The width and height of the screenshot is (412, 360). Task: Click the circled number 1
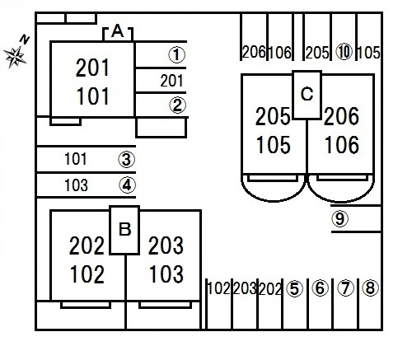(x=177, y=54)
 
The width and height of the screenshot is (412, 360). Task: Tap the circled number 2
(x=177, y=105)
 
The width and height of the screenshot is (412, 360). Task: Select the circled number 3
(x=127, y=160)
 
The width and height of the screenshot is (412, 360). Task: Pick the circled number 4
(x=127, y=185)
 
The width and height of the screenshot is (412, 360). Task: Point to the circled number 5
(x=294, y=288)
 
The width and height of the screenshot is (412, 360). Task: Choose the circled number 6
(x=321, y=288)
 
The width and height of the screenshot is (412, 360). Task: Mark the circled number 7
(x=345, y=288)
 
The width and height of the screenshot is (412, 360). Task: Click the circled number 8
(x=370, y=288)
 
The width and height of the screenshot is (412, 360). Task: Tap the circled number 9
(x=339, y=218)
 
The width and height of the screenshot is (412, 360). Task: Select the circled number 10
(x=344, y=52)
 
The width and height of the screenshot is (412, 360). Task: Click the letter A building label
(x=118, y=31)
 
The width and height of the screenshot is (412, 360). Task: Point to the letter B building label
(x=125, y=229)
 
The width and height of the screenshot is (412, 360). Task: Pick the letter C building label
(x=307, y=94)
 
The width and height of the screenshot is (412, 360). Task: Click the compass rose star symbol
(x=16, y=57)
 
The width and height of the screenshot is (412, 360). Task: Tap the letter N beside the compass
(x=25, y=40)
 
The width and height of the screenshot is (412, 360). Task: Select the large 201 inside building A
(x=92, y=68)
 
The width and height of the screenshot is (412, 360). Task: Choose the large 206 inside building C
(x=341, y=116)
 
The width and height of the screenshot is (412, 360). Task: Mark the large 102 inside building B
(x=87, y=274)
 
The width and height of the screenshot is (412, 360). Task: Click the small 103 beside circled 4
(x=76, y=185)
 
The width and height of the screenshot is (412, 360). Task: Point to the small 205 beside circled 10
(x=317, y=53)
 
